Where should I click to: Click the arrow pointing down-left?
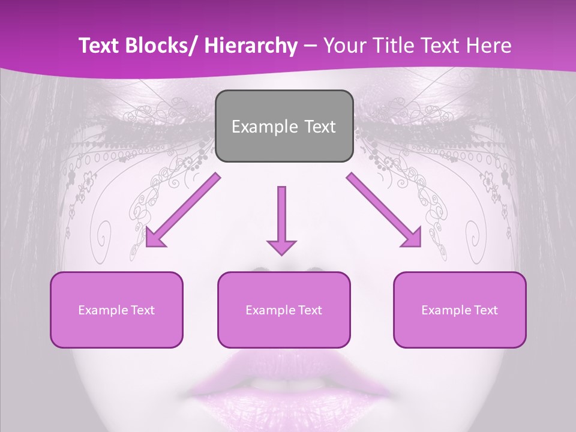click(183, 210)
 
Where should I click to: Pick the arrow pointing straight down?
click(281, 216)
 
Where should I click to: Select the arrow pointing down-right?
click(384, 210)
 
